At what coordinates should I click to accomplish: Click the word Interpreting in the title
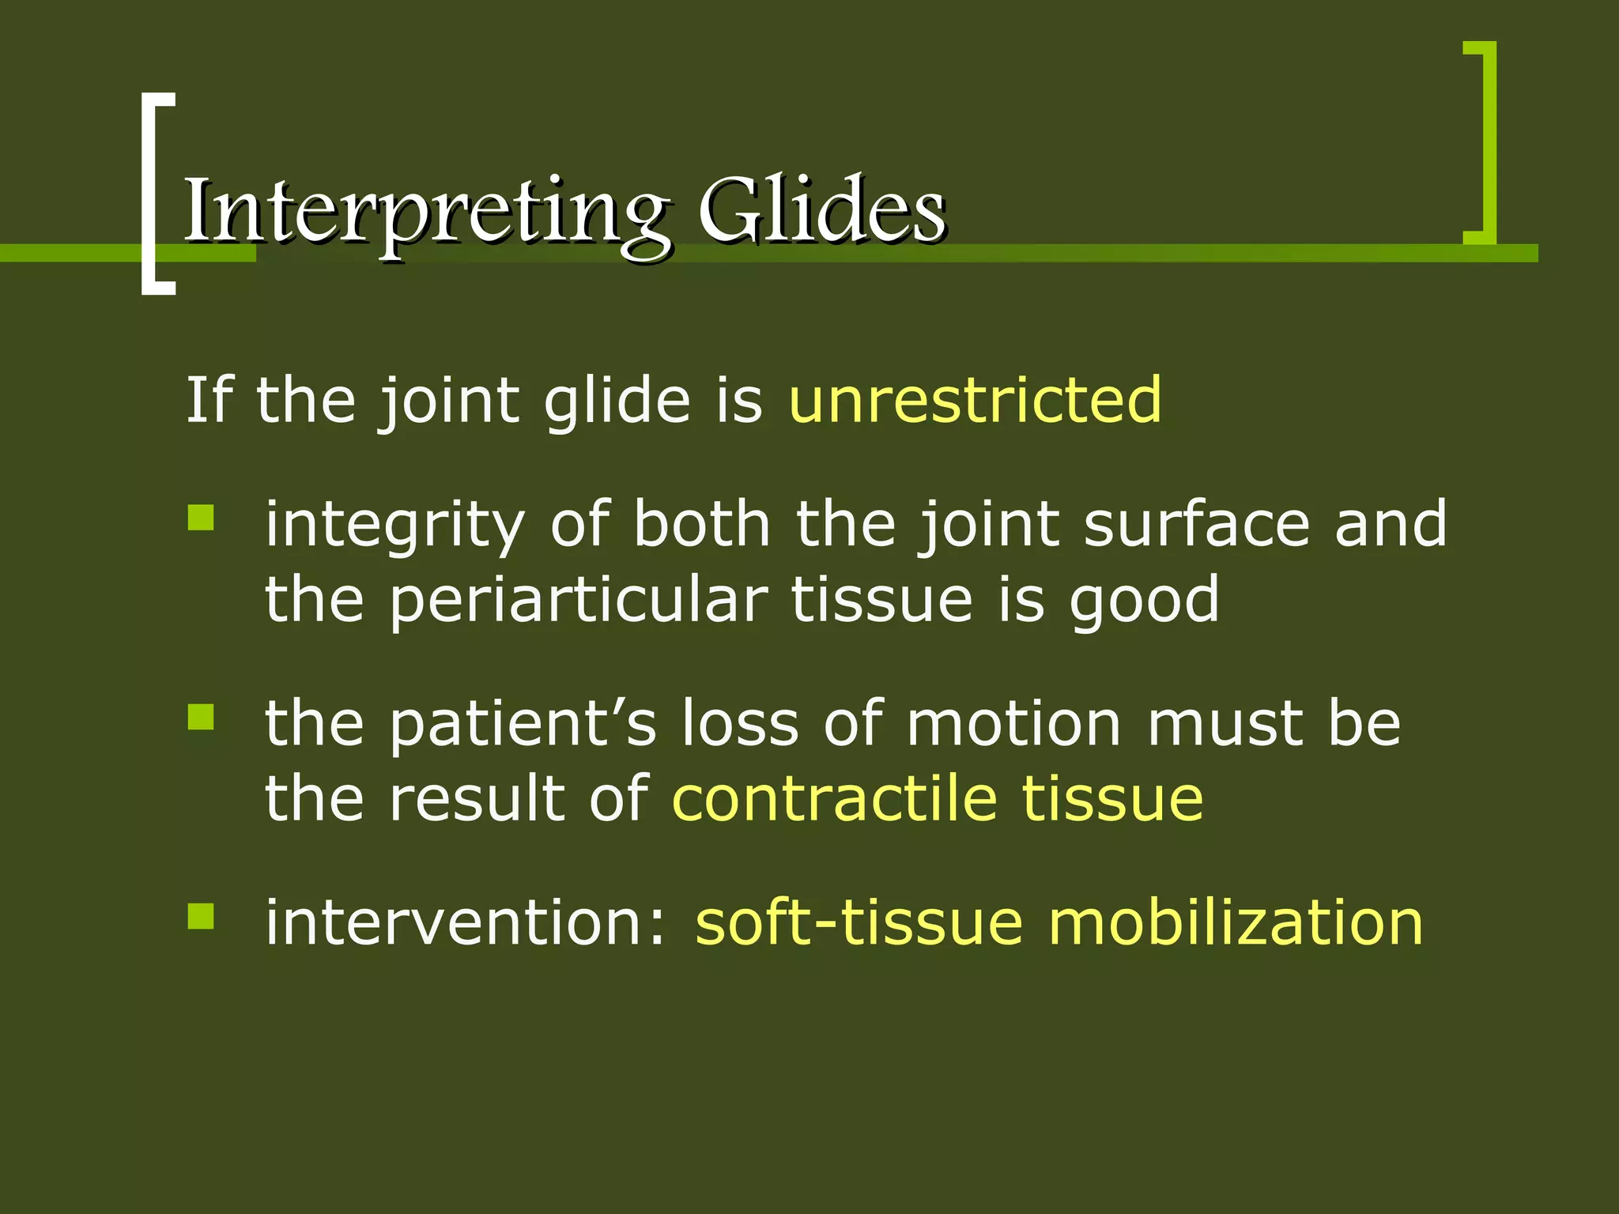coord(427,212)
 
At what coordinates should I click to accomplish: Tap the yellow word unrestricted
coord(975,401)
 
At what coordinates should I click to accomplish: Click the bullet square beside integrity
coord(201,518)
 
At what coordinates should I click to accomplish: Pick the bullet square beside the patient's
coord(201,718)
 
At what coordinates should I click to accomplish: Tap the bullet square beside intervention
coord(201,917)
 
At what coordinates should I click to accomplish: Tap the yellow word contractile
coord(834,798)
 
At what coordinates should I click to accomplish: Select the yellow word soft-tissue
coord(859,923)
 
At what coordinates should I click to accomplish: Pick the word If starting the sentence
coord(208,401)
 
